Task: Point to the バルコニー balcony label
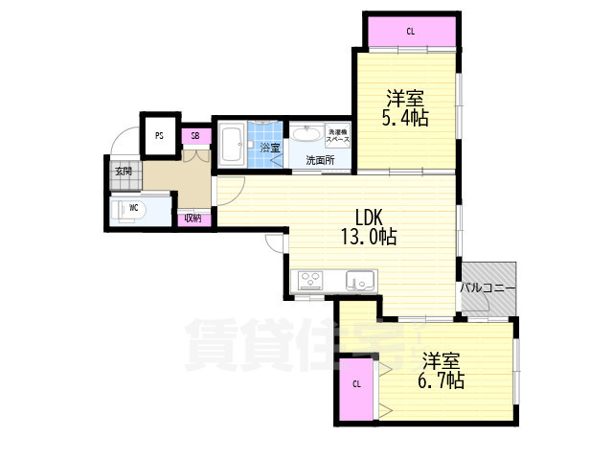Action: coord(488,287)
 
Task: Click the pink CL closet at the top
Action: coord(410,32)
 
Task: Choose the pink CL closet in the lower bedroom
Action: coord(356,386)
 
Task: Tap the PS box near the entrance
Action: coord(159,135)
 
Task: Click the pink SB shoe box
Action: coord(194,136)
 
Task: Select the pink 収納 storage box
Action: coord(193,218)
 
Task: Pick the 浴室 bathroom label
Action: coord(269,148)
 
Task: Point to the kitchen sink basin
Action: coord(360,282)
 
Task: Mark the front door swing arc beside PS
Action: coord(123,146)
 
